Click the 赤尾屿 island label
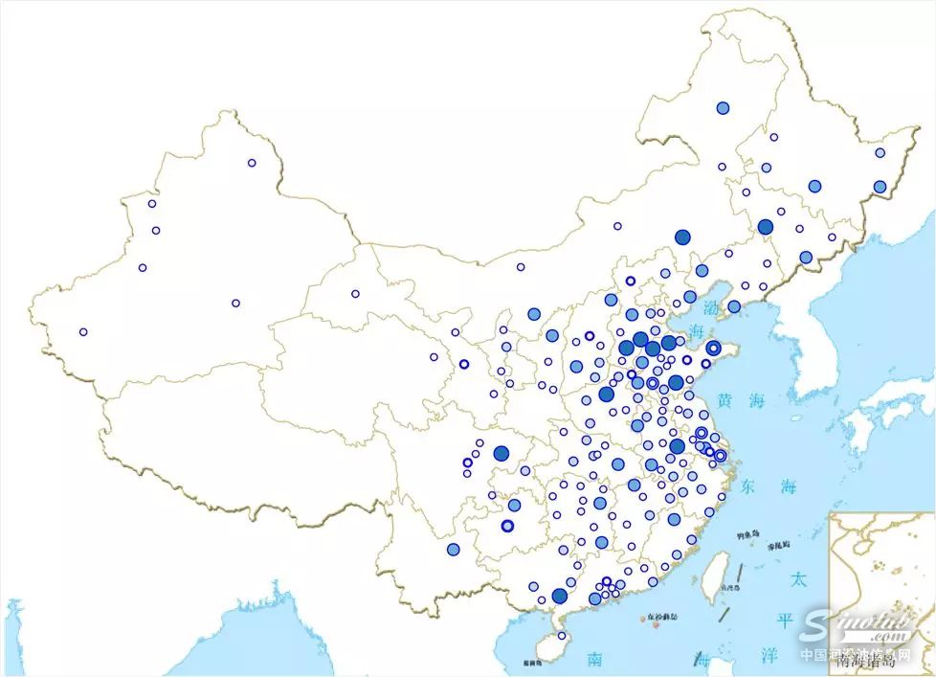(x=779, y=544)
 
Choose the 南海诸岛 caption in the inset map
(x=865, y=659)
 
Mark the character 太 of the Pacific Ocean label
(x=797, y=579)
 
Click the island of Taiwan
(x=714, y=578)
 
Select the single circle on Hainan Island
(x=562, y=636)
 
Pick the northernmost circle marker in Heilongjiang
(x=723, y=108)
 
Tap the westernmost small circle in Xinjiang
(x=83, y=332)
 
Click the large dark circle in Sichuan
(x=501, y=453)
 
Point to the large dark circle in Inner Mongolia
(x=682, y=237)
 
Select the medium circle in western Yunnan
(x=453, y=549)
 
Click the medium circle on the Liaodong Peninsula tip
(x=734, y=306)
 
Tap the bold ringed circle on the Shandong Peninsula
(x=713, y=348)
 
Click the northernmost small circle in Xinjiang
(x=252, y=163)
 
